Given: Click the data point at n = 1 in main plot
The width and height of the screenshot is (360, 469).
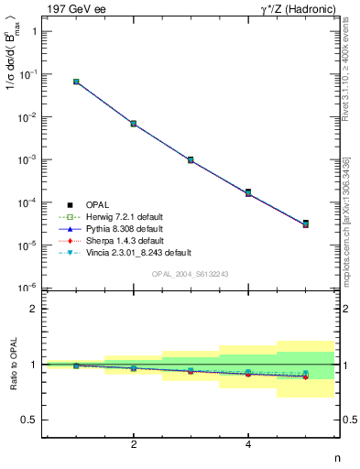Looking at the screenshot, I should pos(76,82).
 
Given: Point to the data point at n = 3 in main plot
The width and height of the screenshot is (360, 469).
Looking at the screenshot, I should pos(191,159).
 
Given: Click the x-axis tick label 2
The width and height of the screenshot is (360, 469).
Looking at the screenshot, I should pos(134,445).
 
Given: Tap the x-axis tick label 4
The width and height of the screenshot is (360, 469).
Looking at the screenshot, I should pos(248,445).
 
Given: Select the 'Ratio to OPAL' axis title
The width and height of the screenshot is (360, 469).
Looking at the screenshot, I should pos(11,364).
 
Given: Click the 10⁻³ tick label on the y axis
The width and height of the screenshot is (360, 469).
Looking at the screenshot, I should pos(27,159).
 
